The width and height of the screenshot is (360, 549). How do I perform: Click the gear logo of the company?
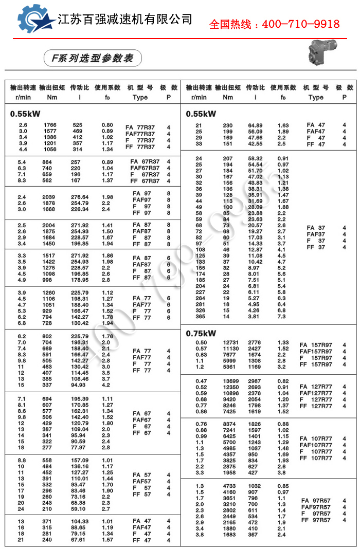click(35, 20)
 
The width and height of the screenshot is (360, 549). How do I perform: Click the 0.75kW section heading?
click(201, 333)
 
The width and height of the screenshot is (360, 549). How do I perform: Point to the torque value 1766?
click(50, 125)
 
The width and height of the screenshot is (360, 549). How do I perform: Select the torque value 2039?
click(50, 197)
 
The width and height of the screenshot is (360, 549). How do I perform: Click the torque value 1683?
click(229, 534)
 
